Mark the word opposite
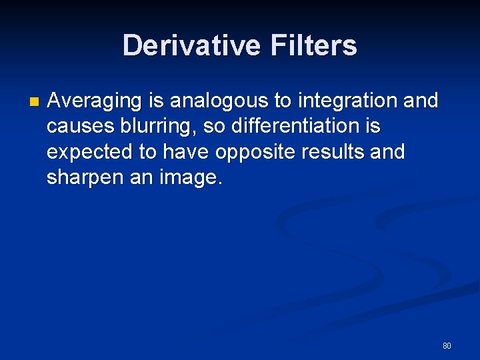tap(256, 152)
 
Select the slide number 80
tap(447, 345)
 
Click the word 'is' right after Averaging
tap(157, 101)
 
